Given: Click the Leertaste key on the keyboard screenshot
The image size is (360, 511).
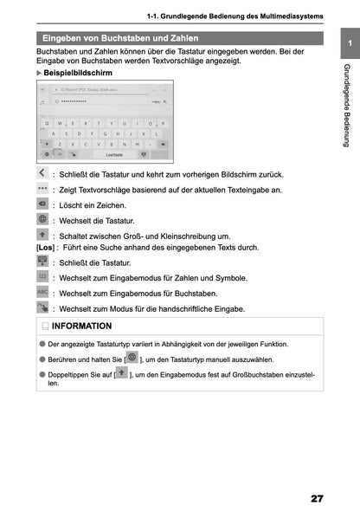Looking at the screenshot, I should pyautogui.click(x=114, y=153).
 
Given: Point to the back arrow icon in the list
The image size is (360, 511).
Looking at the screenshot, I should pyautogui.click(x=42, y=174).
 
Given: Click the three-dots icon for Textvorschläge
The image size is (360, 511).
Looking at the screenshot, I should pyautogui.click(x=42, y=188).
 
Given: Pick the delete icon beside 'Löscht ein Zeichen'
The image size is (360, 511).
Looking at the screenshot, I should pyautogui.click(x=42, y=204).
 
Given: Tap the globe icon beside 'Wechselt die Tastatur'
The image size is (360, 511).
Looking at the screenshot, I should pyautogui.click(x=42, y=219).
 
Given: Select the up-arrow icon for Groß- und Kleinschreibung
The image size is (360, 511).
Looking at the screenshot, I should pyautogui.click(x=42, y=234).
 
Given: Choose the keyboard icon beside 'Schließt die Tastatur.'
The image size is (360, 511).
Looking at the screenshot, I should pyautogui.click(x=42, y=262).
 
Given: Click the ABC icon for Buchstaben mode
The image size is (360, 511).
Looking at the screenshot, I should pyautogui.click(x=42, y=292).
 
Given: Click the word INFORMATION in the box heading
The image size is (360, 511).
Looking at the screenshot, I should pyautogui.click(x=81, y=327).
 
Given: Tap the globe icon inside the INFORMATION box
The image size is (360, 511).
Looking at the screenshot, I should pyautogui.click(x=132, y=357).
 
